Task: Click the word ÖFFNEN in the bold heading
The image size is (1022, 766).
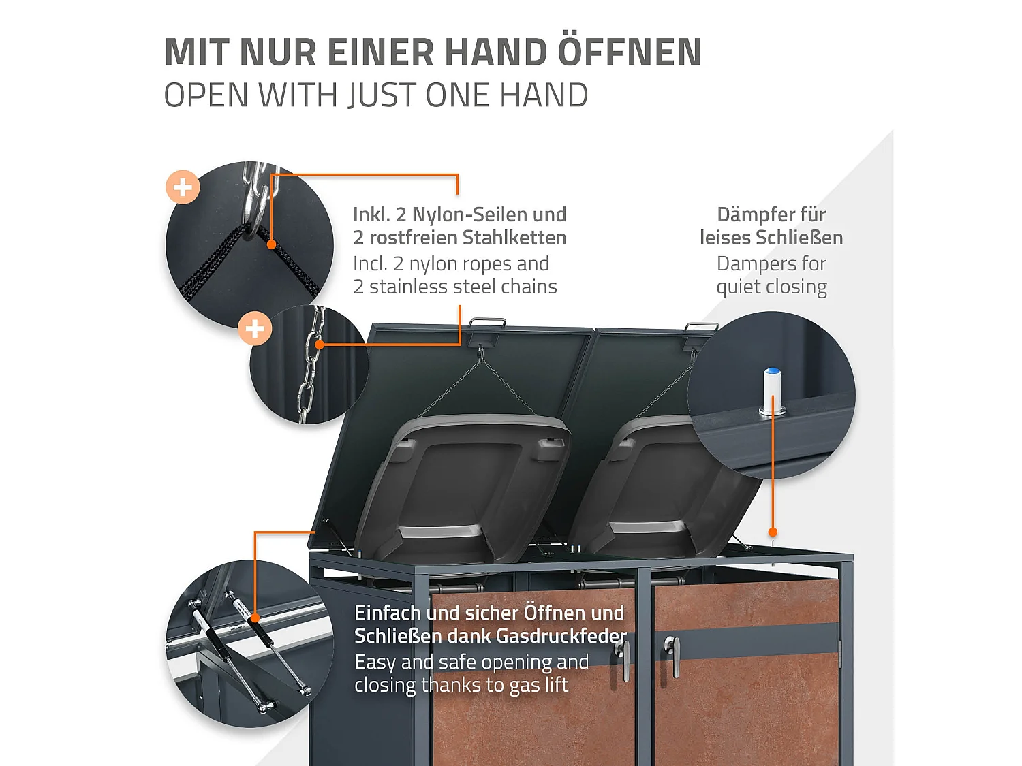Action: tap(630, 52)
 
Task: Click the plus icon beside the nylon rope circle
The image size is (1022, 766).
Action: tap(183, 187)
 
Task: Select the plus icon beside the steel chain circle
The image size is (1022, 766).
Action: tap(255, 329)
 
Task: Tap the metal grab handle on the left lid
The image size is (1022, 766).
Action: tap(488, 323)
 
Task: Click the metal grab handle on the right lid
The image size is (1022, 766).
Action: tap(701, 328)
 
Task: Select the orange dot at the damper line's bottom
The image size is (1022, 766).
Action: tap(773, 532)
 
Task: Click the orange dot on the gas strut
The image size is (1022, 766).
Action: tap(255, 618)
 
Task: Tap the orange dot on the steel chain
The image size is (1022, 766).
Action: tap(319, 345)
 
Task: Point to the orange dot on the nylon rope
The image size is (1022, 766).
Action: tap(271, 244)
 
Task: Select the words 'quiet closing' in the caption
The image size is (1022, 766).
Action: tap(771, 287)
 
